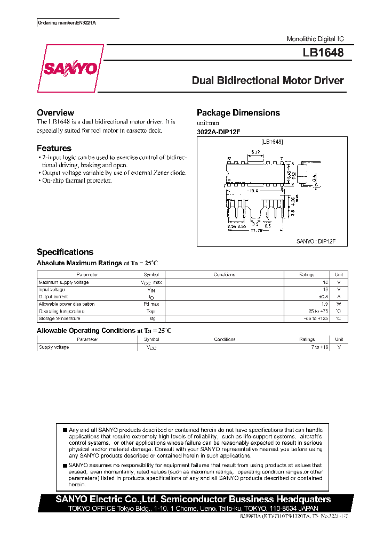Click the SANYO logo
coord(70,69)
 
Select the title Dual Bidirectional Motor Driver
coord(268,81)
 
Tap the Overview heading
coord(55,113)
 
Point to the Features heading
coord(54,149)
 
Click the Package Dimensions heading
coord(238,113)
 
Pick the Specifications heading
coord(65,252)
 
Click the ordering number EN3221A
coord(70,23)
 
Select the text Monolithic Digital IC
coord(315,39)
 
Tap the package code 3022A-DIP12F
coord(219,132)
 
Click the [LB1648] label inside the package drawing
coord(272,142)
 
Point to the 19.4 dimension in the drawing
coord(253,190)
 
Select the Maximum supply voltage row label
coord(63,282)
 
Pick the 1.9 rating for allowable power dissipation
coord(324,304)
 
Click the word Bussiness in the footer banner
coord(252,500)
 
